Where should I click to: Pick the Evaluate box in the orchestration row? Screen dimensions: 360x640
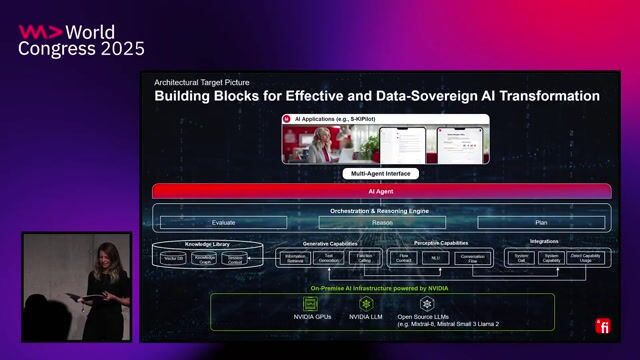point(223,223)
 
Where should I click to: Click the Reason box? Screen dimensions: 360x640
point(383,223)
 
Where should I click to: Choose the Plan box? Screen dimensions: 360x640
point(541,223)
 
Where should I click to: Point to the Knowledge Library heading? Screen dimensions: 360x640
point(208,244)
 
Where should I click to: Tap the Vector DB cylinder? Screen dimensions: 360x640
point(174,258)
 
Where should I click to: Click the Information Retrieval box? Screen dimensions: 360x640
point(296,257)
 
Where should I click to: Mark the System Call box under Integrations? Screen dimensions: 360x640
point(522,257)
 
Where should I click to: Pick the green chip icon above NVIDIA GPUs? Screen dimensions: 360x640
point(311,303)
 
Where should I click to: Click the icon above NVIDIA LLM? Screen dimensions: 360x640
point(367,303)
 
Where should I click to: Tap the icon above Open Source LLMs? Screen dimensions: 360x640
point(427,303)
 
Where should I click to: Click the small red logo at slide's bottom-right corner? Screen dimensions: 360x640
point(603,326)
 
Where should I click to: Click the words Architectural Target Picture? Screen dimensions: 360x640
point(202,82)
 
